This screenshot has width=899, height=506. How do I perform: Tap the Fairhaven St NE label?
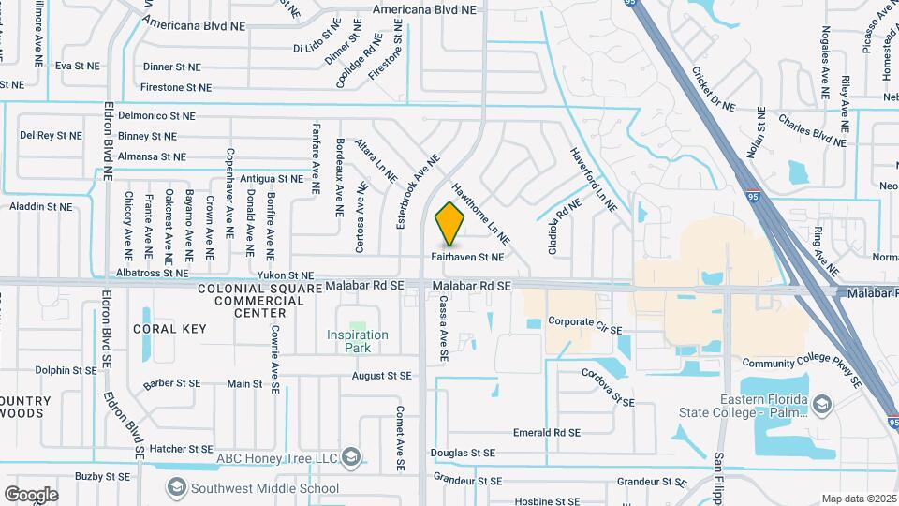point(467,256)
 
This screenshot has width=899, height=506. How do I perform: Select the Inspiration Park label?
point(358,341)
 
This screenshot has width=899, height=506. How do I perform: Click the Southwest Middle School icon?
point(176,487)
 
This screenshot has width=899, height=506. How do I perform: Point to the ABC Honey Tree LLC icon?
point(351,457)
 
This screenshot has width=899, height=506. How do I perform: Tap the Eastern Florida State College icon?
point(821,404)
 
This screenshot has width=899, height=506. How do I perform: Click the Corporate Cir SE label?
point(585,321)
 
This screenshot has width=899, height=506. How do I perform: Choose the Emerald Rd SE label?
point(547,433)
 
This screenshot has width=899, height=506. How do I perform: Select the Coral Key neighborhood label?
point(169,329)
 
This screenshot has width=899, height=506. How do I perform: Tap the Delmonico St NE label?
point(150,116)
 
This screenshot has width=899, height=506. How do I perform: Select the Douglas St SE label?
point(464,453)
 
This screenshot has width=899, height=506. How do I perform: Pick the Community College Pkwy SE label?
point(802,372)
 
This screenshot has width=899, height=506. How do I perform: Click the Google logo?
point(31,494)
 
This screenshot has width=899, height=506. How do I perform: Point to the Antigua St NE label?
point(272,178)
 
